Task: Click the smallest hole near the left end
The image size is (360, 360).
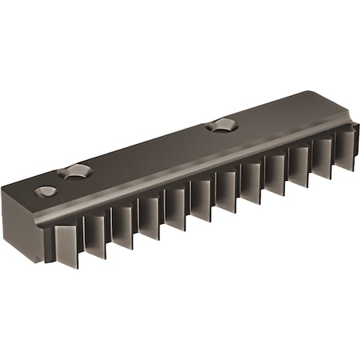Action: (x=46, y=191)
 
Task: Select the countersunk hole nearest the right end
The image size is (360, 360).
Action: (x=222, y=125)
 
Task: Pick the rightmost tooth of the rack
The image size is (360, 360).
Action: (x=346, y=146)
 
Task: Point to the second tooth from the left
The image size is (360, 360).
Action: (x=94, y=236)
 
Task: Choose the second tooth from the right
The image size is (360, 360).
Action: (x=322, y=154)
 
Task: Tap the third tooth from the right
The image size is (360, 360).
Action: (x=298, y=163)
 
